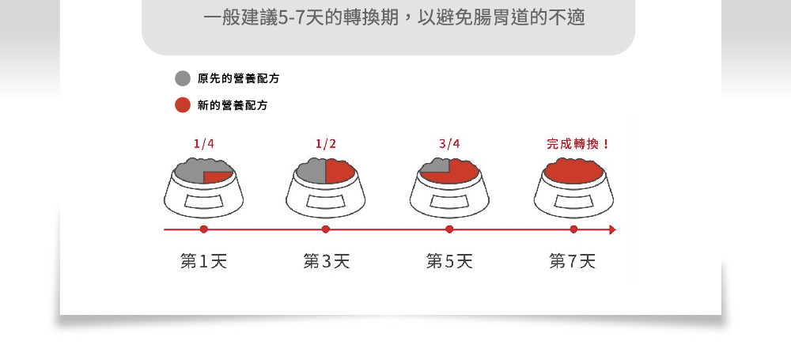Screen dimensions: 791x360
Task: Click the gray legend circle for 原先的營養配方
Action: pos(183,78)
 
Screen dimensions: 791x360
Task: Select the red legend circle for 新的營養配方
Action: pos(183,105)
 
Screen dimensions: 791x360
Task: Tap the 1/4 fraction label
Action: pos(204,144)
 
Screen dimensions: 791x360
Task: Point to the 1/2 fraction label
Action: pos(326,144)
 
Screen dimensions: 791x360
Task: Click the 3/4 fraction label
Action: pos(449,144)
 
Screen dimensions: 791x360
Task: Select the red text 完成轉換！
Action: pos(578,144)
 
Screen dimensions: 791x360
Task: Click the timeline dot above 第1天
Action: pos(204,229)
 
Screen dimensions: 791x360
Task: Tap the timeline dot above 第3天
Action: pos(326,229)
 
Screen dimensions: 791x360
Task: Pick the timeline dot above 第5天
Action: pos(449,229)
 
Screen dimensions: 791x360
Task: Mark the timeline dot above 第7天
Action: pos(573,229)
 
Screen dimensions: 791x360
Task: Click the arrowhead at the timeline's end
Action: pos(612,229)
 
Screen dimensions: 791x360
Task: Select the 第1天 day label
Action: pos(204,261)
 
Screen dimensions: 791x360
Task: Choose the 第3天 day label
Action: pos(327,261)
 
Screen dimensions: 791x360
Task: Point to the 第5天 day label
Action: pos(449,261)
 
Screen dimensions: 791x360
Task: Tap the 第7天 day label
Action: pos(573,261)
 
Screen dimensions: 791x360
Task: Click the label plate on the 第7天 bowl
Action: pos(573,202)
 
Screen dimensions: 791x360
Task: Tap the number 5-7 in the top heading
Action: pos(292,18)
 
